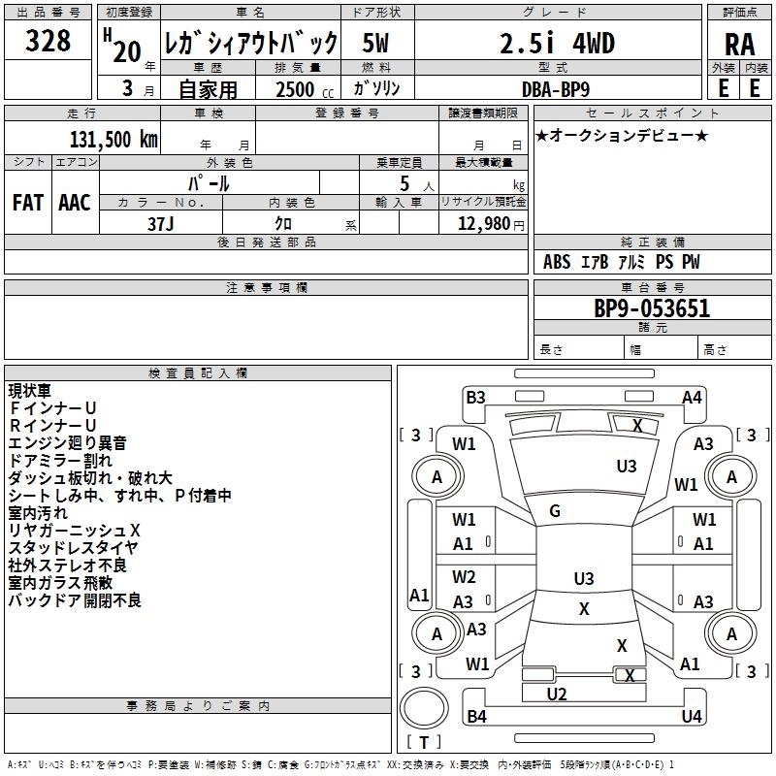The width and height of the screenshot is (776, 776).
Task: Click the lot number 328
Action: pyautogui.click(x=48, y=41)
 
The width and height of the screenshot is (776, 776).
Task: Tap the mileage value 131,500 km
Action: pyautogui.click(x=113, y=140)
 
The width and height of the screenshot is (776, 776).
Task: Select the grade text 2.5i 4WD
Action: pyautogui.click(x=557, y=43)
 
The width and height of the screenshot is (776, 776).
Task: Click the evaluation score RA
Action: pyautogui.click(x=740, y=45)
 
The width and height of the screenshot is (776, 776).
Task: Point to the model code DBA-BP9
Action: pyautogui.click(x=556, y=89)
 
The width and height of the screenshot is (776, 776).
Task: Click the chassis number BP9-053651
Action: pyautogui.click(x=652, y=308)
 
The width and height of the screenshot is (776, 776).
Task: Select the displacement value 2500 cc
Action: pyautogui.click(x=305, y=89)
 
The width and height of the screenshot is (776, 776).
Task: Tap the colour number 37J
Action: pyautogui.click(x=161, y=224)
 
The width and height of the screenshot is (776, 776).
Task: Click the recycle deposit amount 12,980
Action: pyautogui.click(x=484, y=224)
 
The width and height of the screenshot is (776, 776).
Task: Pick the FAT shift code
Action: pyautogui.click(x=28, y=203)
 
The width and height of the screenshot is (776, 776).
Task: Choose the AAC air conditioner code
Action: pyautogui.click(x=75, y=203)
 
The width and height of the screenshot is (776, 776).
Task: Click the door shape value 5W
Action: pyautogui.click(x=375, y=43)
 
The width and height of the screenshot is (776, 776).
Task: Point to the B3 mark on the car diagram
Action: pyautogui.click(x=475, y=398)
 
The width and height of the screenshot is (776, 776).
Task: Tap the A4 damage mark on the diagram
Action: pyautogui.click(x=692, y=398)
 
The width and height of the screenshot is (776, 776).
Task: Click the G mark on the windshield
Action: pyautogui.click(x=555, y=511)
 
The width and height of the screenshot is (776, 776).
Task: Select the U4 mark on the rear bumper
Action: pyautogui.click(x=692, y=716)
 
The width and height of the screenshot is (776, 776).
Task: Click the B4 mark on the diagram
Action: pyautogui.click(x=476, y=716)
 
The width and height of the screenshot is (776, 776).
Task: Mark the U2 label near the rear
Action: pyautogui.click(x=557, y=695)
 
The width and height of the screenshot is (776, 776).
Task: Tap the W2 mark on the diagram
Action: pyautogui.click(x=464, y=577)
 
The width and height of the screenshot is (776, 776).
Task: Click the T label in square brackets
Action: pyautogui.click(x=424, y=742)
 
